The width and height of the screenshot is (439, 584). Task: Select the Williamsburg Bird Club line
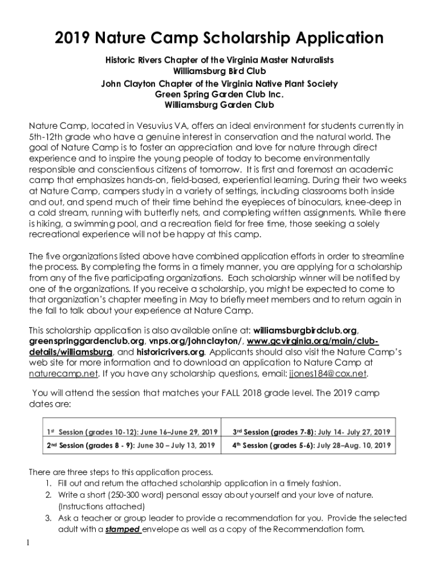tap(219, 71)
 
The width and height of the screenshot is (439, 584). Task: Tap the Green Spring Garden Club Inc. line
tap(219, 94)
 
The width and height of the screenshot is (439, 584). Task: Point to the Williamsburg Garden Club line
tap(219, 105)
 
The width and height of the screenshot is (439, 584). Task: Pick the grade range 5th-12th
tap(48, 137)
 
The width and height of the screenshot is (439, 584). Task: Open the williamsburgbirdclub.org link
tap(305, 330)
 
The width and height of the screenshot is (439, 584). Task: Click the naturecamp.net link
tap(63, 374)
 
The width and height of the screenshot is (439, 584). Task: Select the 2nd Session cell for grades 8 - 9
tap(131, 445)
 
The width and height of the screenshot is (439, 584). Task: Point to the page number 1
tap(27, 543)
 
